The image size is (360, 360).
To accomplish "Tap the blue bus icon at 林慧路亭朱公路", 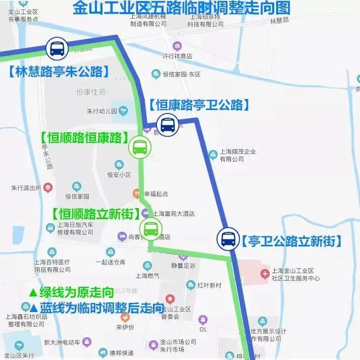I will click(x=56, y=49).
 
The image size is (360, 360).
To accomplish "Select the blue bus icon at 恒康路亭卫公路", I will click(x=167, y=124).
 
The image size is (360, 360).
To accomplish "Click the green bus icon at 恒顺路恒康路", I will click(x=139, y=147).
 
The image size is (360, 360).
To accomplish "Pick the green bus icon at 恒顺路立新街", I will click(x=151, y=229).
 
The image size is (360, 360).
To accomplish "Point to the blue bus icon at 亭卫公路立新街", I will click(x=228, y=238).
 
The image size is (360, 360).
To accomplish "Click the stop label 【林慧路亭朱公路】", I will click(x=60, y=71).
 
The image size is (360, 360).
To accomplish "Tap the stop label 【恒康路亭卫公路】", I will click(x=199, y=105).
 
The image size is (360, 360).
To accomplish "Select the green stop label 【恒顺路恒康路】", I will click(x=84, y=137).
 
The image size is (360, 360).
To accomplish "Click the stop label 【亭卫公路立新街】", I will click(x=289, y=241).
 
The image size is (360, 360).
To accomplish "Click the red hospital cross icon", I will click(x=265, y=274).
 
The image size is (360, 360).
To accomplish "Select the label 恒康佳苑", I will click(x=91, y=92).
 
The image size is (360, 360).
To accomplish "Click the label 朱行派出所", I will click(x=26, y=188).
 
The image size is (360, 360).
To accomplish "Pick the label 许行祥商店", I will click(x=177, y=56).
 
